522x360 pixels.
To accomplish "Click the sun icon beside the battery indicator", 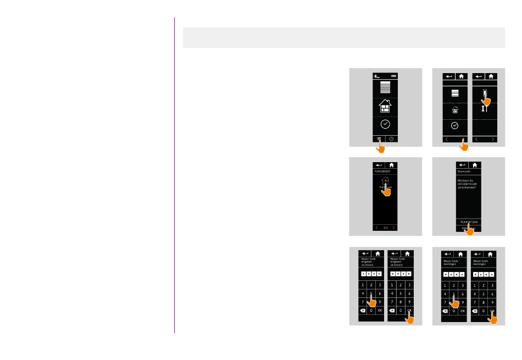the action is (377, 76).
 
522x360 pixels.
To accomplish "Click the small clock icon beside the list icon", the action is (392, 139).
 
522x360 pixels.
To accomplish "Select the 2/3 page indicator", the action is (385, 227).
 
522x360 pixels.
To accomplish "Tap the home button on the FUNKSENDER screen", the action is (391, 164).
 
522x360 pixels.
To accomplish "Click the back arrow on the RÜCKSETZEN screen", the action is (462, 164).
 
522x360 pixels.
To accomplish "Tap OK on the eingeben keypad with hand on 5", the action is (380, 311).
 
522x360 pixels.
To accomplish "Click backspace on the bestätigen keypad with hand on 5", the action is (445, 311).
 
